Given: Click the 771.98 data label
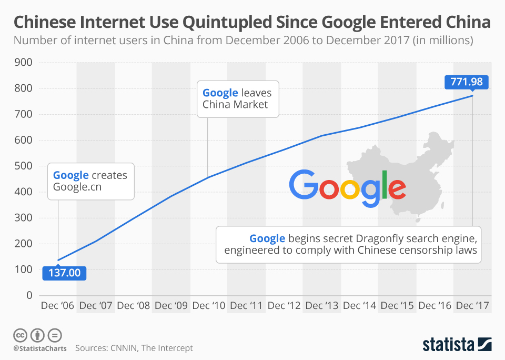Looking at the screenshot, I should [467, 82].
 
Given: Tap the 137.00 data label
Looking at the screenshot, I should [64, 273].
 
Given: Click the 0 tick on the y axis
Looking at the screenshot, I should [29, 295].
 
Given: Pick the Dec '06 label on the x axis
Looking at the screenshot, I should [57, 306].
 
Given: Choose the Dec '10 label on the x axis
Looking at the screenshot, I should [208, 306].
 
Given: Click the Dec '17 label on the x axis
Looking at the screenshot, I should [472, 306].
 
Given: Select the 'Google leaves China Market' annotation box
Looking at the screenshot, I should [237, 98].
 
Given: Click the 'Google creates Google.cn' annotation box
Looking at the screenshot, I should [90, 181].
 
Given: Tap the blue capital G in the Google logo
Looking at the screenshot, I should [304, 186].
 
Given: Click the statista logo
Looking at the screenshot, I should [457, 345].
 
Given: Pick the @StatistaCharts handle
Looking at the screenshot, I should [40, 348].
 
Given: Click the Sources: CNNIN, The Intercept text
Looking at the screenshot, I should [134, 348].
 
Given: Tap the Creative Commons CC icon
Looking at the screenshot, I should [20, 335].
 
